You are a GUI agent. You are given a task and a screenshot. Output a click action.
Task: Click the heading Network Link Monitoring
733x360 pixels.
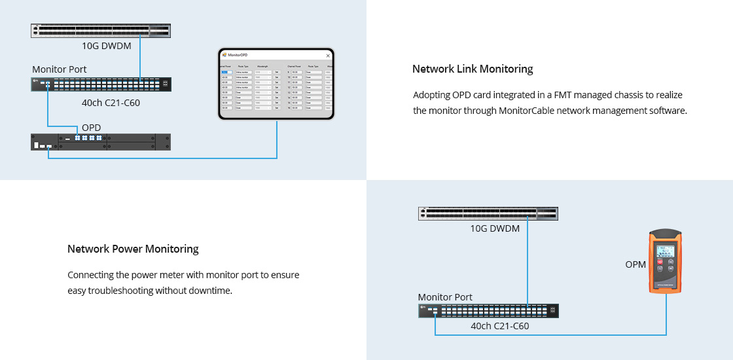coord(473,69)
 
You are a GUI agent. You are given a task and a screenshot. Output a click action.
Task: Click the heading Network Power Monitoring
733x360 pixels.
coord(133,249)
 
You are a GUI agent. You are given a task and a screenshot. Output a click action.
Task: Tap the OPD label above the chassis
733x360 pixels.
coord(92,127)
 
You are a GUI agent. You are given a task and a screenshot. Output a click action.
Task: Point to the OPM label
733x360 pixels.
coord(635,264)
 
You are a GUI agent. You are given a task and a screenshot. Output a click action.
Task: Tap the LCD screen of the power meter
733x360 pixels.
coord(666,251)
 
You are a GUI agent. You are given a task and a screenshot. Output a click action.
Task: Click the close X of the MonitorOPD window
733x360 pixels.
coord(328,56)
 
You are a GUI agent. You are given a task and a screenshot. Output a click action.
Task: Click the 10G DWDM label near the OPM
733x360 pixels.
coord(495,228)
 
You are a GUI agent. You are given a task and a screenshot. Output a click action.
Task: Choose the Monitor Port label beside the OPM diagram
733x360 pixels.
coord(445,297)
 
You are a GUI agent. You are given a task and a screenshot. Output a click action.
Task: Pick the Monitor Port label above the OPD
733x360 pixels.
coord(59,69)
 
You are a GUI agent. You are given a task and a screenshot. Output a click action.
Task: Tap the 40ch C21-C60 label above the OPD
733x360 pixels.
coord(111,102)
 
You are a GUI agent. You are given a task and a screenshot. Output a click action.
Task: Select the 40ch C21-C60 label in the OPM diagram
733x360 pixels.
coord(500,325)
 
